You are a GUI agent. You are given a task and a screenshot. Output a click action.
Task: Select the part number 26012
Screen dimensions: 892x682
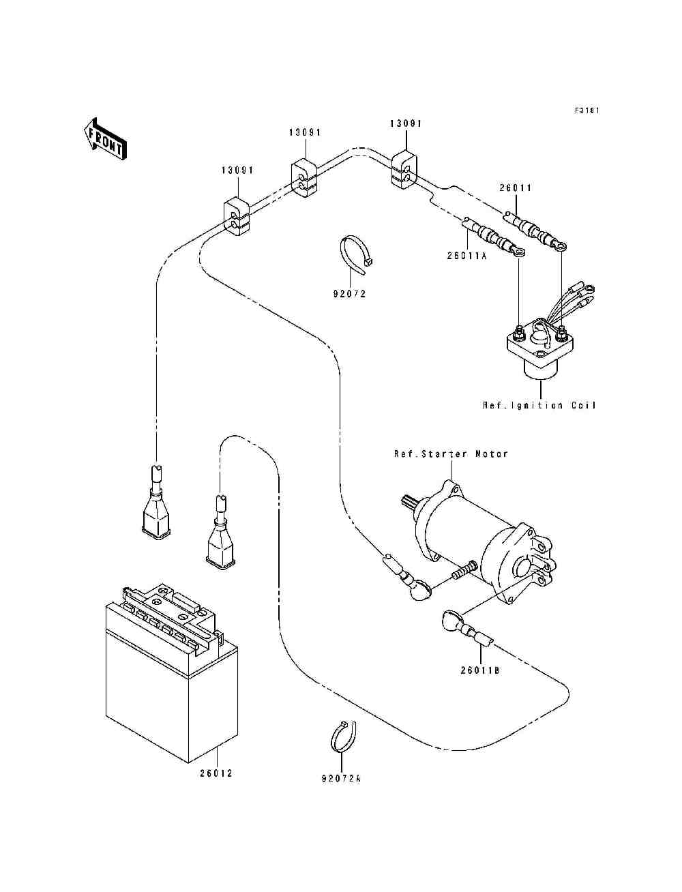(x=216, y=773)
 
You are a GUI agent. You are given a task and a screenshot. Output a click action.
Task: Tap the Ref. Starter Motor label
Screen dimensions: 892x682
(x=451, y=454)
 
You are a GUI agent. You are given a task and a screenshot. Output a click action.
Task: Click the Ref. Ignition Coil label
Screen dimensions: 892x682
(x=539, y=405)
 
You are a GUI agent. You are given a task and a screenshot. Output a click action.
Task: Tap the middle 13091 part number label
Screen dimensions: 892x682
(x=304, y=132)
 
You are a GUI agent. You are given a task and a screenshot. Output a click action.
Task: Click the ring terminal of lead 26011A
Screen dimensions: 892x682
(x=519, y=252)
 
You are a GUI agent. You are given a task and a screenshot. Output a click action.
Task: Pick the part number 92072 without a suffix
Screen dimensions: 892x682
(x=349, y=294)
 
